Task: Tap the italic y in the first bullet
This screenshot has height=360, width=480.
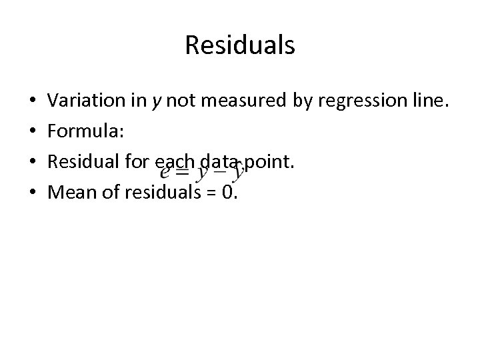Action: (157, 103)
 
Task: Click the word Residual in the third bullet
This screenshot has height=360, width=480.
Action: (81, 162)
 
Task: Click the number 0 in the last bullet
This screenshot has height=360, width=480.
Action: (229, 193)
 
